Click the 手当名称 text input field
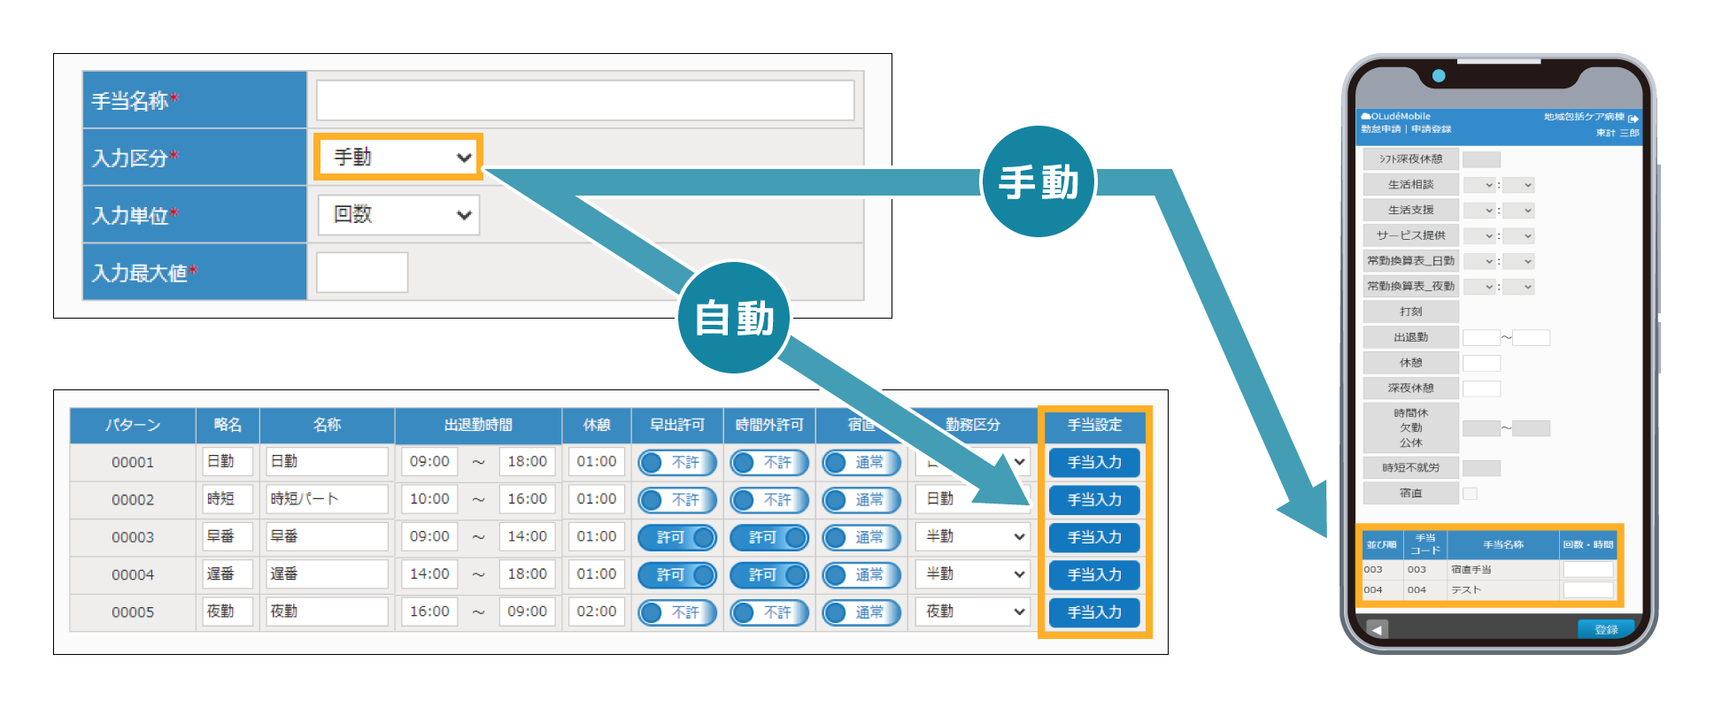584,100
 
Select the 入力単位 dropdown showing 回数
399,215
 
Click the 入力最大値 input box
361,273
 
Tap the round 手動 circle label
1038,182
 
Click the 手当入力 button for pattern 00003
1093,537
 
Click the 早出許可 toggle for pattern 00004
677,574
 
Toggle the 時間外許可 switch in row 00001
769,462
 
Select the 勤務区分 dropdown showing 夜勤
973,612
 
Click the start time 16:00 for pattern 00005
429,612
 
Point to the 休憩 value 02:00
596,612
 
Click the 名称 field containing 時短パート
327,499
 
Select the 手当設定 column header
1094,425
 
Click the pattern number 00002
133,500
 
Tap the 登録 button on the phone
1605,629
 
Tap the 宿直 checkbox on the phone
1470,493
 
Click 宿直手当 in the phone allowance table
1471,570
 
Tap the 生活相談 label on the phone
1410,185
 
